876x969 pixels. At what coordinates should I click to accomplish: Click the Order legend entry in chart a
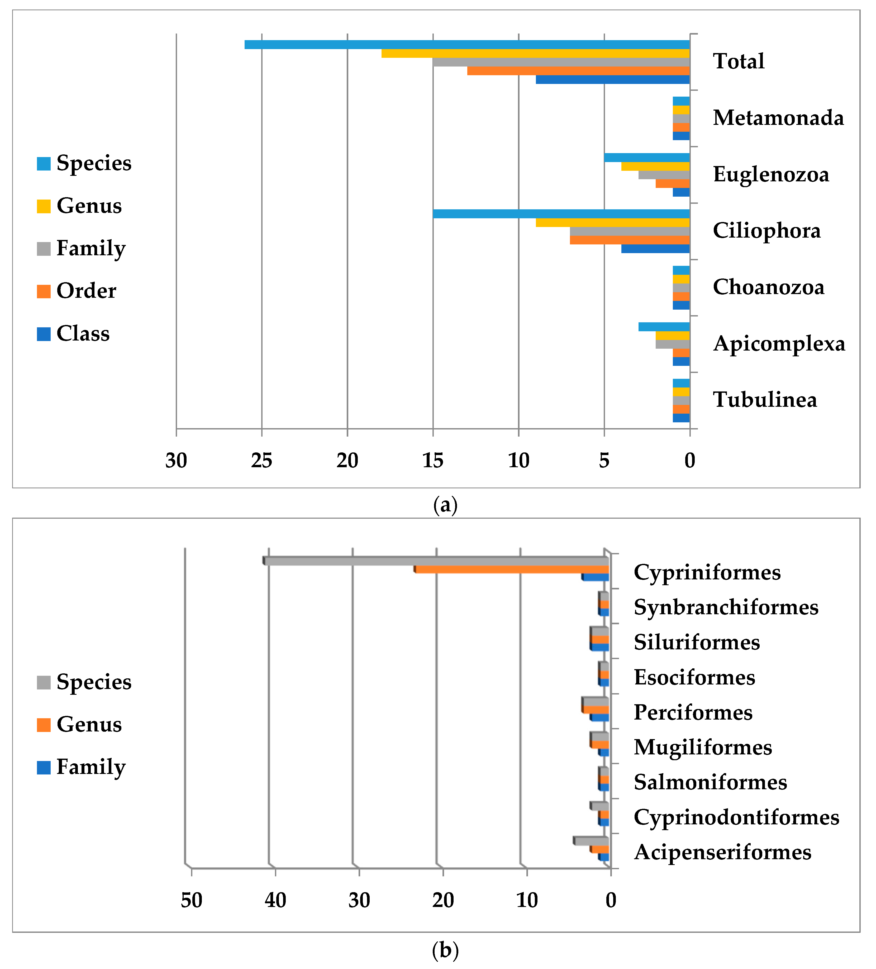pos(77,291)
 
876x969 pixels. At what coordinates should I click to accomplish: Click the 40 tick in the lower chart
pos(275,901)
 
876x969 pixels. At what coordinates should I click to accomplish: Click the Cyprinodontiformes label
pos(736,817)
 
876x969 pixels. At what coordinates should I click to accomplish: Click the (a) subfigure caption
pos(445,505)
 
